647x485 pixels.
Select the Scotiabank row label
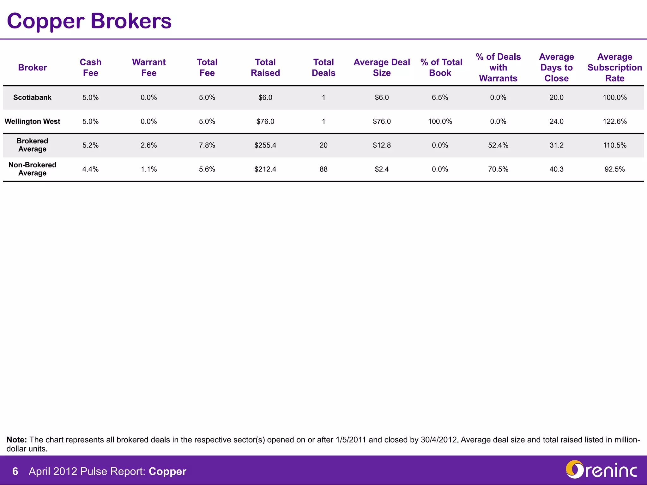pos(32,98)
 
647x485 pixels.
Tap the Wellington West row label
pos(32,122)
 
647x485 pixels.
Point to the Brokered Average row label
pos(32,145)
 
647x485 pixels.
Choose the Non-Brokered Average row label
pos(32,169)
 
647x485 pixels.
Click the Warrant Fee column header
pos(149,68)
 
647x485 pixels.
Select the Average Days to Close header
pos(556,68)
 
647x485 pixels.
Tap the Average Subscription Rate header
pos(614,68)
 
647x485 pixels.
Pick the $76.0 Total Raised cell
pos(265,122)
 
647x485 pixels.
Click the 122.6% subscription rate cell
pos(614,122)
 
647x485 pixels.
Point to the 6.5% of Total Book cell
pos(440,98)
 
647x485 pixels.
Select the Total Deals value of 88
pos(323,169)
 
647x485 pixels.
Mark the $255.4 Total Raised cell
pos(265,145)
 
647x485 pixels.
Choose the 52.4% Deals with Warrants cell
pos(498,145)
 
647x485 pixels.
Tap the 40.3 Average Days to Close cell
pos(556,169)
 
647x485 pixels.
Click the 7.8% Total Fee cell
pos(207,145)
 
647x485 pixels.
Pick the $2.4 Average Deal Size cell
pos(382,169)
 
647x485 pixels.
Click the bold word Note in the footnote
pos(17,440)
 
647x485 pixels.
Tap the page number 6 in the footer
pos(15,471)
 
